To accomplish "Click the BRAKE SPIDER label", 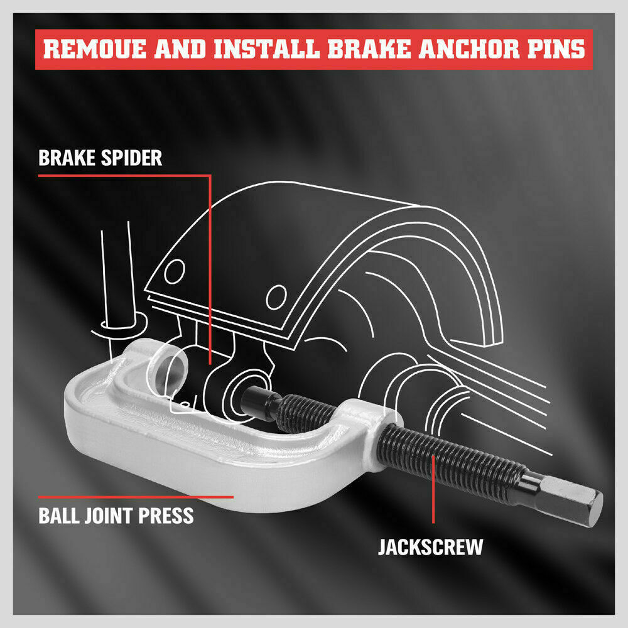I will [100, 157].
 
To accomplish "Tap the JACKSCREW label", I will [431, 546].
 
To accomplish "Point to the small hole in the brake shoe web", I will [178, 272].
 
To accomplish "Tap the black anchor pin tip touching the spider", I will [257, 399].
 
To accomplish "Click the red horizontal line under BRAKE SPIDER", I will [122, 175].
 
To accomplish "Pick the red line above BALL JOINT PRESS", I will [135, 496].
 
